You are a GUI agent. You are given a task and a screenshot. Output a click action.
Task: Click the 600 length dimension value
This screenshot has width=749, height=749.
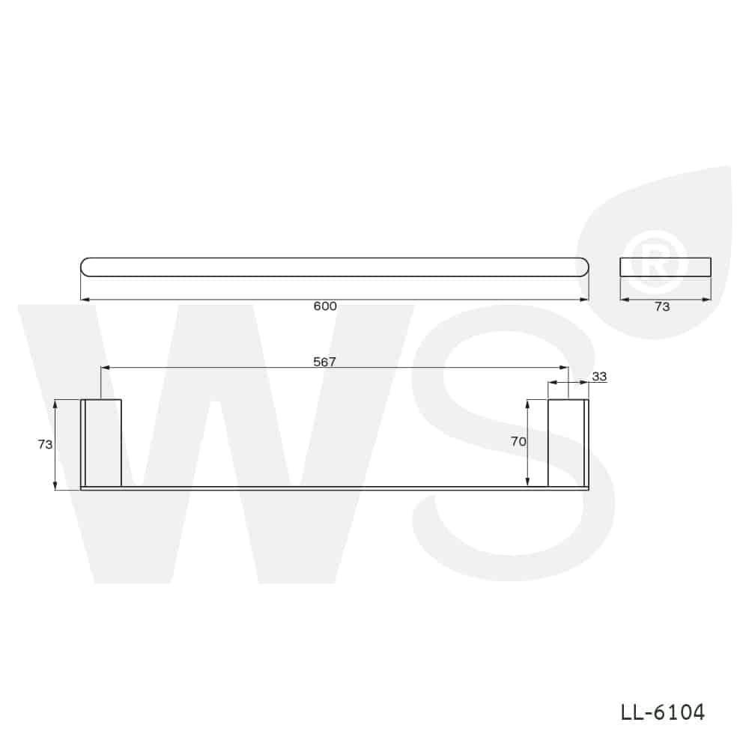[325, 306]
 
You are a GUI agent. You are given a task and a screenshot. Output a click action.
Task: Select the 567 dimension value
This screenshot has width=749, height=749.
[325, 362]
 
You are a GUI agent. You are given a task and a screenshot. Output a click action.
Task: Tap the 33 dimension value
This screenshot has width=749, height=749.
[599, 377]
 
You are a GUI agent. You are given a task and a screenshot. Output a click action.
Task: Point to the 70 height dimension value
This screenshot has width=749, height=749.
[518, 442]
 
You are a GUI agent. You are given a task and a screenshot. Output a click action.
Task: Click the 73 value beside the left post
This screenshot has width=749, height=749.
[45, 444]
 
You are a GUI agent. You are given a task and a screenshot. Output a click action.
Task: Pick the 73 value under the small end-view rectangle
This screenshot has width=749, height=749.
[662, 306]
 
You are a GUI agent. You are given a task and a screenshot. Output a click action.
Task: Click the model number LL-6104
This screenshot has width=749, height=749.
[663, 712]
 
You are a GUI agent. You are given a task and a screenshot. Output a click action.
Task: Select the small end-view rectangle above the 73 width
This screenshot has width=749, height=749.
[665, 267]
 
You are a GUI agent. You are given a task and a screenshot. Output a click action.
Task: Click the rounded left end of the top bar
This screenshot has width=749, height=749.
[87, 267]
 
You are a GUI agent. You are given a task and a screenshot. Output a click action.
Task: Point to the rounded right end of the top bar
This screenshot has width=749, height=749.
[582, 267]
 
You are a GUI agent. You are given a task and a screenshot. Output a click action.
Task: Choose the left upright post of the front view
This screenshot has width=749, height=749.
[103, 443]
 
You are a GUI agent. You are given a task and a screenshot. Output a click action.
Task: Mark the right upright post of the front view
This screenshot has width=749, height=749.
[566, 443]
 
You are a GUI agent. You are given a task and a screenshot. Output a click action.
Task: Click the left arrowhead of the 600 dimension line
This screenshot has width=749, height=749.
[85, 300]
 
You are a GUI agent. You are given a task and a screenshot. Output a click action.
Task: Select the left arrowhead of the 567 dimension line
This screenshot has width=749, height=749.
[105, 368]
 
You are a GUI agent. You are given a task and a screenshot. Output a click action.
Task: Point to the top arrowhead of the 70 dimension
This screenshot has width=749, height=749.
[528, 404]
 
